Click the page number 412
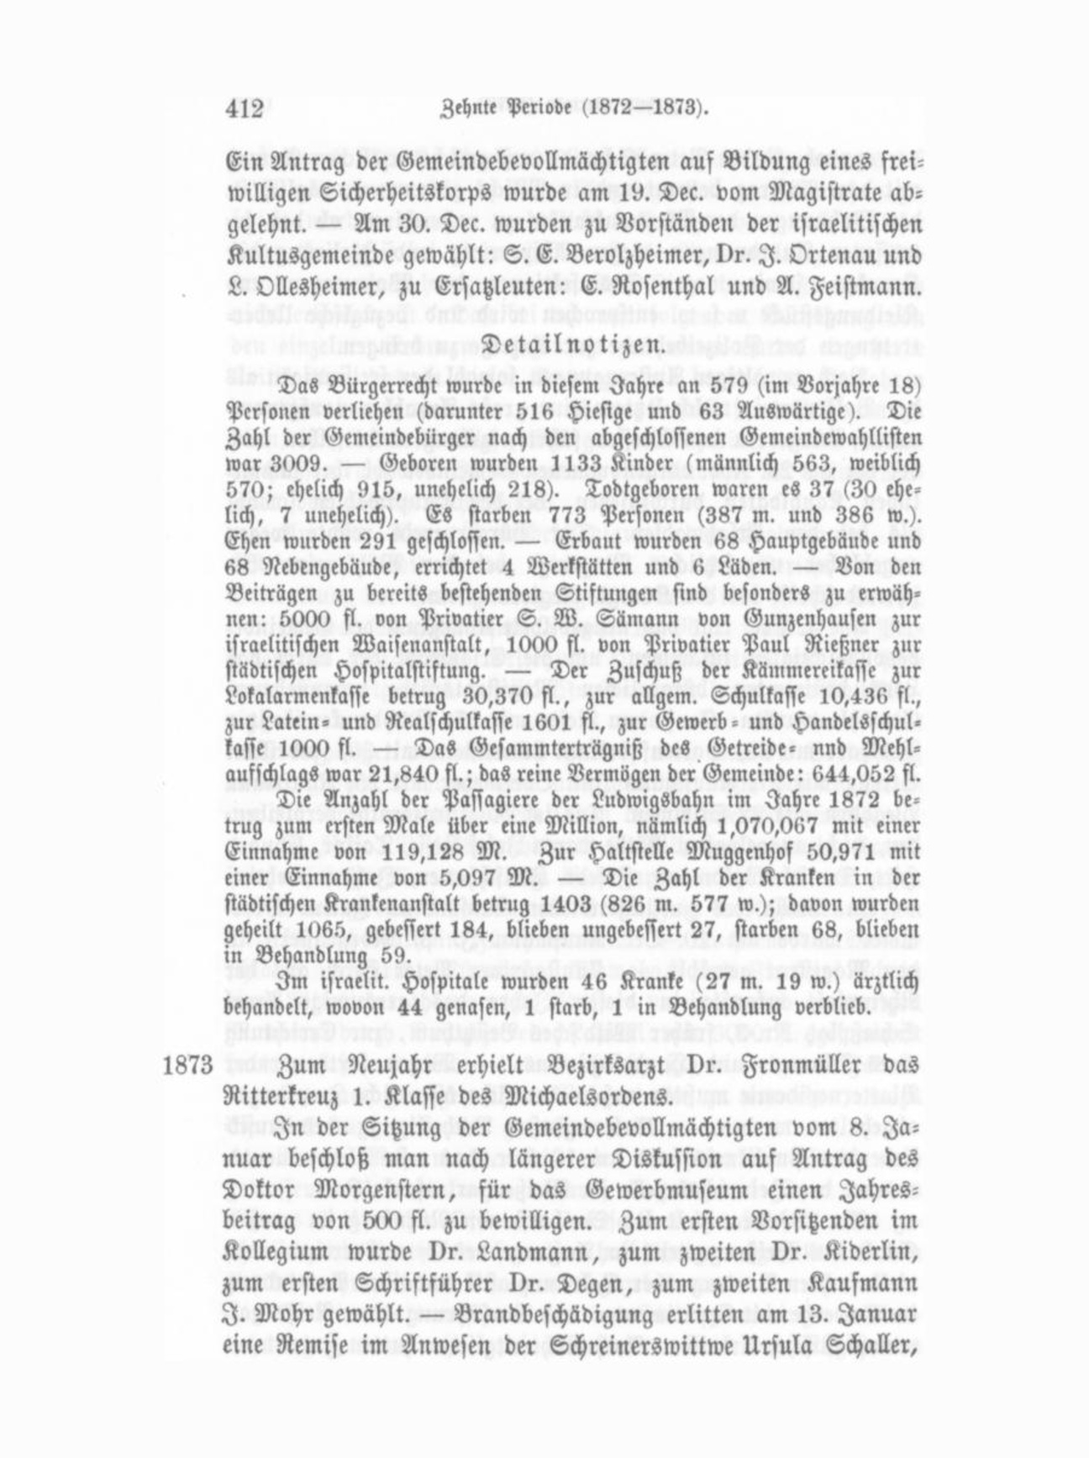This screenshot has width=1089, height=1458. click(245, 109)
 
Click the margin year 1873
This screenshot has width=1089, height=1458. click(187, 1066)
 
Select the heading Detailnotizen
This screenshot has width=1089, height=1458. click(571, 345)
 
